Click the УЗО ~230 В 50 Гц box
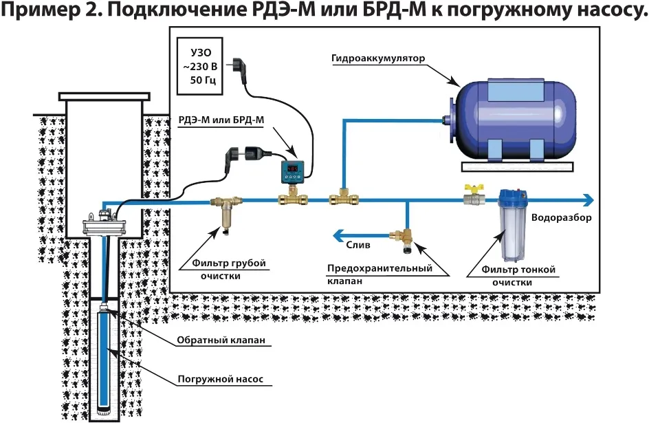(x=199, y=67)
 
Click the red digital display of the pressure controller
(x=292, y=166)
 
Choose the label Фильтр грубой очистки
(x=223, y=270)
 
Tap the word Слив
(x=358, y=245)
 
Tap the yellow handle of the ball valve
(x=472, y=186)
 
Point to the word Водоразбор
(x=561, y=217)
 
